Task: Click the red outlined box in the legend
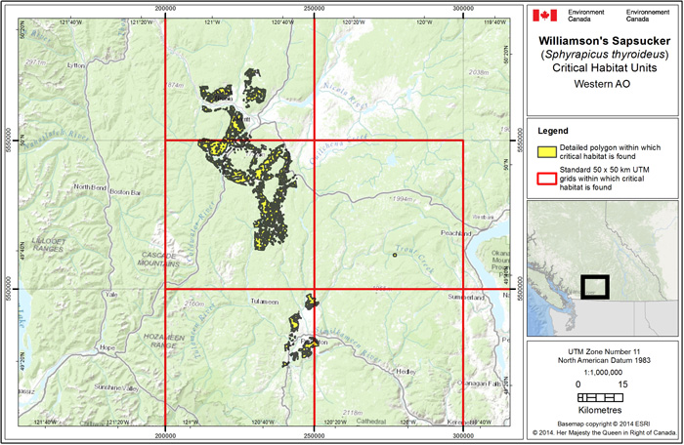point(545,175)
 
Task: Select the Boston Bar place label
point(126,192)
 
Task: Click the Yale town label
point(111,294)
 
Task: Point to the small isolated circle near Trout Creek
point(395,255)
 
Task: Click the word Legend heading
point(553,130)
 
